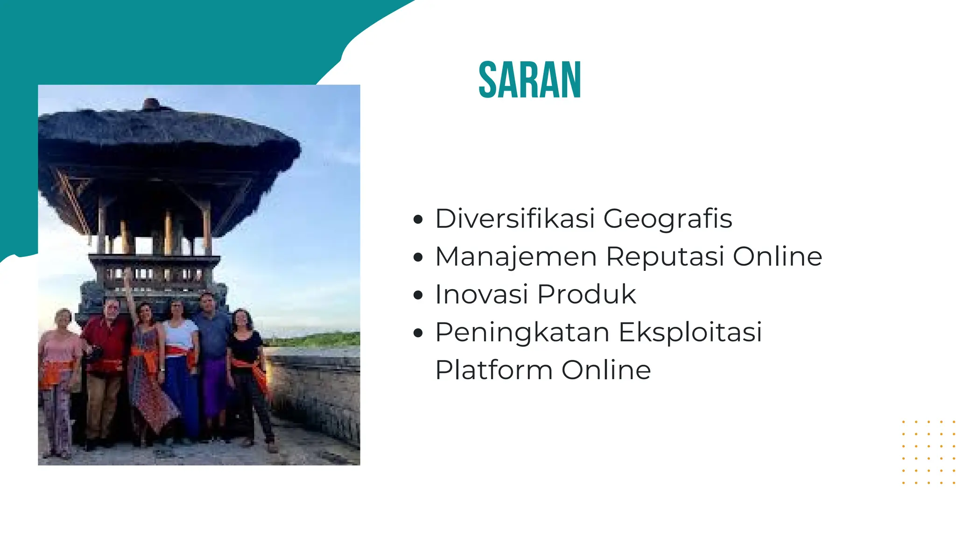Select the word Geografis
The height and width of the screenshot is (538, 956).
coord(668,219)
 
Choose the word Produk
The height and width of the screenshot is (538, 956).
coord(586,295)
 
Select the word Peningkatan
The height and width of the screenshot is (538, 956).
coord(522,333)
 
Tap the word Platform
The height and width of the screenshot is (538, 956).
coord(494,370)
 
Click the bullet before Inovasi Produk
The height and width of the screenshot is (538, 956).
coord(418,295)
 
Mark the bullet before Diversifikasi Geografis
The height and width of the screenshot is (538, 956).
coord(418,219)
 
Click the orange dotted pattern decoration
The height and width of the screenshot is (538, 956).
coord(928,452)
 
